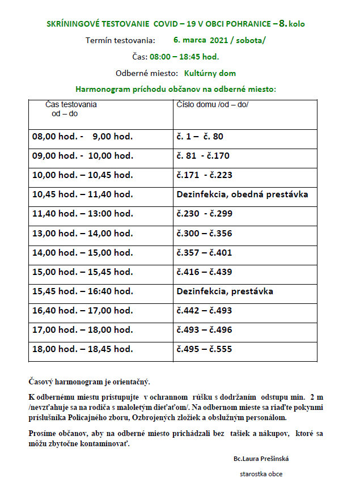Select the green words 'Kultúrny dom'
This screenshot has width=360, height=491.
210,73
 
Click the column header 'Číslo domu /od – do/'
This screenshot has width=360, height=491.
213,105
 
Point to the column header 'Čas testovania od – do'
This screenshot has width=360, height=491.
71,109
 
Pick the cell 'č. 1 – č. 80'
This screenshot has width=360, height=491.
200,137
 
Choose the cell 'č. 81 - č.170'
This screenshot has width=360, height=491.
203,156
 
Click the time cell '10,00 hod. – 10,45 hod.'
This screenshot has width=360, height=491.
83,175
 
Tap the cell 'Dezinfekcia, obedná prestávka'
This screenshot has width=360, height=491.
242,194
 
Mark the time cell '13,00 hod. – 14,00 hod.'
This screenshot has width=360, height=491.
83,233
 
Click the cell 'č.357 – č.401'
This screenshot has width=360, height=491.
204,252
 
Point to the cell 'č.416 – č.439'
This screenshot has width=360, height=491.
204,272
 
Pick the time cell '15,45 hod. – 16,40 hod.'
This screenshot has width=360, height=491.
83,291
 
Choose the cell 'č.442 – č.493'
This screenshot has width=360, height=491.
204,311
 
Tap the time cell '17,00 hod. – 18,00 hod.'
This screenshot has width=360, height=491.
83,330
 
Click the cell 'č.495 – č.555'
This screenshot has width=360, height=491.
204,349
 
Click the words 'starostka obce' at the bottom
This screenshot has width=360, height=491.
261,474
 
